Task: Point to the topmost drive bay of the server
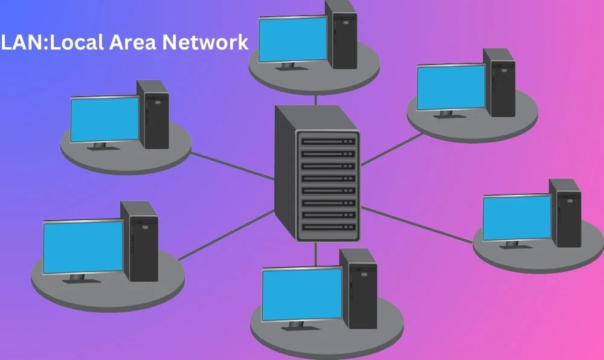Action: (x=329, y=141)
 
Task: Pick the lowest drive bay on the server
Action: (x=329, y=227)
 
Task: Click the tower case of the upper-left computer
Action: (x=153, y=115)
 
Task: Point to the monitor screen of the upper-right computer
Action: (x=452, y=88)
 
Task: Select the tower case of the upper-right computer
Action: (x=500, y=83)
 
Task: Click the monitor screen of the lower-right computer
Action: (x=517, y=217)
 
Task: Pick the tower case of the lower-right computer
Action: (x=565, y=213)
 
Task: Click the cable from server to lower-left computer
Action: (x=226, y=235)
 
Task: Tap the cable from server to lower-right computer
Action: (x=417, y=224)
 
